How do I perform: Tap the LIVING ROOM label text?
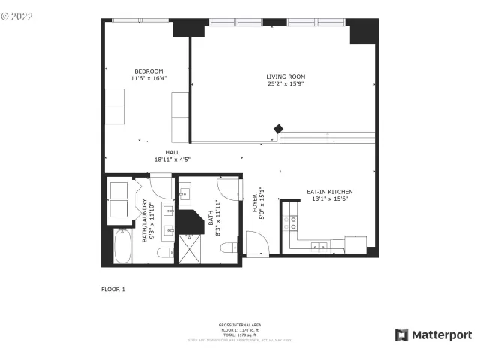[x=286, y=76]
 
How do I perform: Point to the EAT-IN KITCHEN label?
[x=329, y=192]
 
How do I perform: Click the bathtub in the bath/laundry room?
[x=121, y=245]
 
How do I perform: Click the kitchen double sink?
[x=321, y=244]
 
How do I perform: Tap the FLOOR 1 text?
[x=113, y=289]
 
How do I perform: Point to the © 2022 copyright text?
[x=17, y=15]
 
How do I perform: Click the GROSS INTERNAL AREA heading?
[x=239, y=325]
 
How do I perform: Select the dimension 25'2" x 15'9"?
[x=286, y=84]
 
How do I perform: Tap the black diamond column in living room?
[x=278, y=129]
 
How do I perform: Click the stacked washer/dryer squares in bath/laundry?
[x=119, y=199]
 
